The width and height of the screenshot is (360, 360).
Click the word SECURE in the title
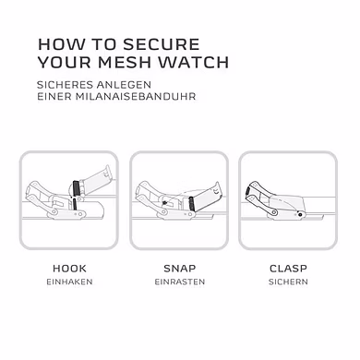[162, 44]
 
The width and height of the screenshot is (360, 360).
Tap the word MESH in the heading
[125, 62]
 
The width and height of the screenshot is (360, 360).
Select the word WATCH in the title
[194, 62]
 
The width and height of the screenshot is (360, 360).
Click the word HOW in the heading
[61, 44]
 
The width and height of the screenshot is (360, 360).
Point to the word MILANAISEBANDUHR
[136, 96]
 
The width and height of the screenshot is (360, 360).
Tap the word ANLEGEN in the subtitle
[124, 85]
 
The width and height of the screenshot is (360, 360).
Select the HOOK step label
[69, 269]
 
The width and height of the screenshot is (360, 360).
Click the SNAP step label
[180, 269]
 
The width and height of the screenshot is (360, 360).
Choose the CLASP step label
[288, 269]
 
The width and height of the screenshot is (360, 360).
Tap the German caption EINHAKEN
[69, 282]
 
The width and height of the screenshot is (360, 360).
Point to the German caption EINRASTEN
[180, 282]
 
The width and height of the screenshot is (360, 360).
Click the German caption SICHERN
[288, 282]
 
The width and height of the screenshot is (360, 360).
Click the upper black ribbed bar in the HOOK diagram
[76, 188]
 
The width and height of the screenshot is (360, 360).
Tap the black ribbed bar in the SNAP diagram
[191, 204]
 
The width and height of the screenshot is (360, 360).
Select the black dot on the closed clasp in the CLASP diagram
[300, 214]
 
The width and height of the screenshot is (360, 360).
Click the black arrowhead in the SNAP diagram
[165, 203]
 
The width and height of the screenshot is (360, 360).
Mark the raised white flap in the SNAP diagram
[206, 196]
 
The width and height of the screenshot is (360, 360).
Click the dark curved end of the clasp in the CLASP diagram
[247, 192]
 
